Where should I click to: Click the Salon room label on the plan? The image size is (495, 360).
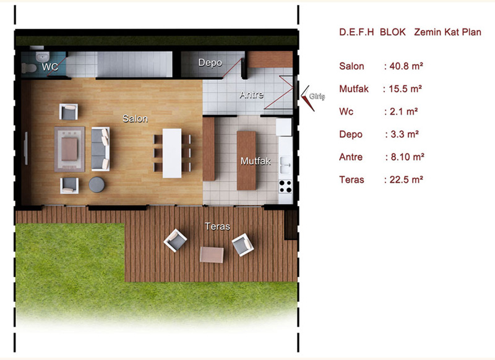point(135,119)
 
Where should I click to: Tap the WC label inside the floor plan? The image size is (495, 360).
point(50,67)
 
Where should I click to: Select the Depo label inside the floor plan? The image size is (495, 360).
point(210,63)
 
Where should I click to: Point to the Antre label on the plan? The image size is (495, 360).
point(251,95)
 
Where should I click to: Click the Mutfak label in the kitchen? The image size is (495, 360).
point(256,161)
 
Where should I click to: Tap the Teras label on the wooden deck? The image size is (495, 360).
point(217,226)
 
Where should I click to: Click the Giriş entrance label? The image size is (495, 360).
point(317,96)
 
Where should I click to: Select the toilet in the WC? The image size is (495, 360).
point(29,67)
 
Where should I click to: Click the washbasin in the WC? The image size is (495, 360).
point(42,58)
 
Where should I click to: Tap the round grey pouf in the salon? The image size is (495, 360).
point(97,184)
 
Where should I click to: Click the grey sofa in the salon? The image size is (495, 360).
point(100,149)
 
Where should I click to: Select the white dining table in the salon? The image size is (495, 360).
point(172,153)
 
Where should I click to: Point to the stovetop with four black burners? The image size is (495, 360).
point(285,186)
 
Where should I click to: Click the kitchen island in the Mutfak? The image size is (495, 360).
point(246,161)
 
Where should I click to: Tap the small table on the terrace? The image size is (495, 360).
point(212,255)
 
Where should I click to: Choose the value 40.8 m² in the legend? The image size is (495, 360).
point(406,66)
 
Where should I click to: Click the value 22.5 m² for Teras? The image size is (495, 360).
point(406,179)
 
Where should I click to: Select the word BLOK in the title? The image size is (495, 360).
point(393,32)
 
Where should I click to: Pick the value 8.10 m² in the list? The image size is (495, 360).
point(407,157)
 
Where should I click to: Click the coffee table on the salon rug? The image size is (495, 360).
point(69,149)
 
